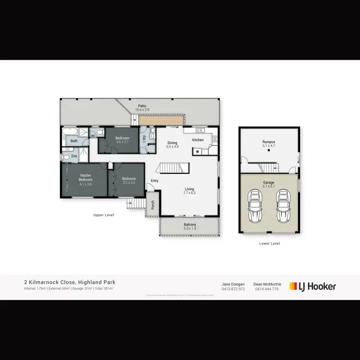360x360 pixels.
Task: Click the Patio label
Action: coord(142,106)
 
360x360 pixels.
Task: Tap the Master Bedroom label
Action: coord(86,177)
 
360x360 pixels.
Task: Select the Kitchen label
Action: coord(198,140)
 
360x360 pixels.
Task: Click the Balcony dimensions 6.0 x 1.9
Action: coord(190,229)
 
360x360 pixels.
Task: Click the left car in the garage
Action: coord(254,207)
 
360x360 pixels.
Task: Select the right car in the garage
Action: coord(284,207)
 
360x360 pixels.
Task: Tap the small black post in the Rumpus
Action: coord(269,150)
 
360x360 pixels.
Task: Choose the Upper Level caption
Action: coord(103,215)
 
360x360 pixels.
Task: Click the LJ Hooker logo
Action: coord(312,287)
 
